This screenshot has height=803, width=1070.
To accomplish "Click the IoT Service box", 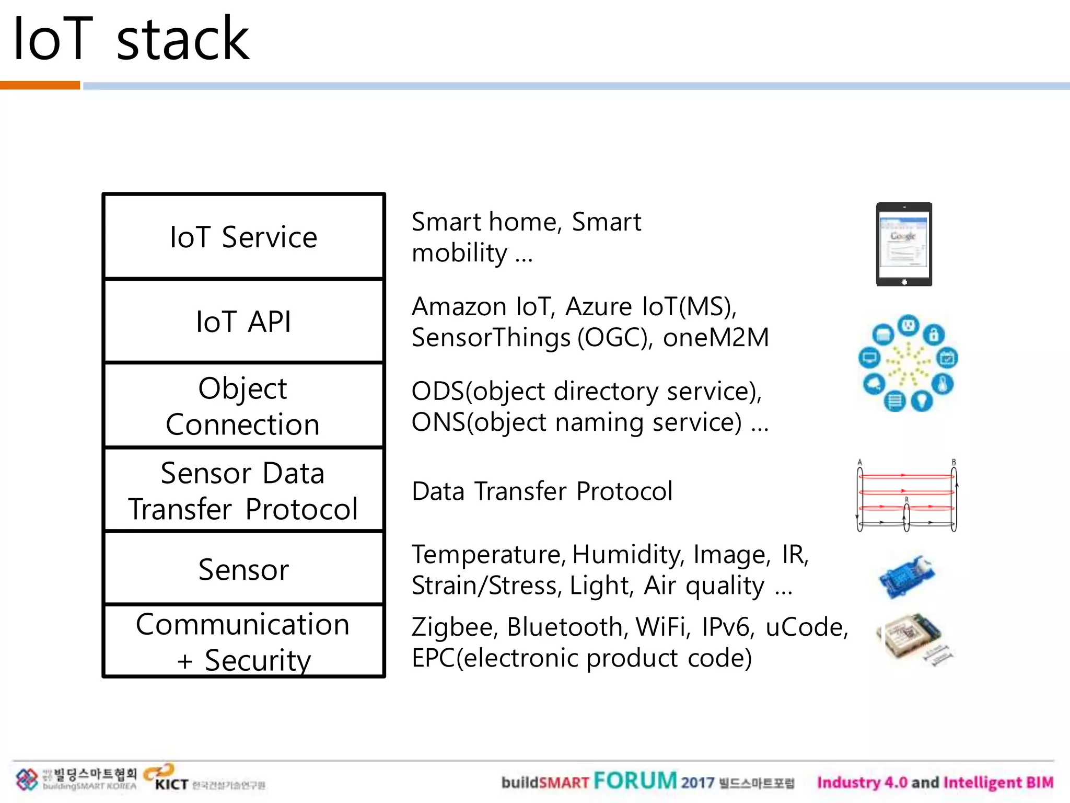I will (x=243, y=237).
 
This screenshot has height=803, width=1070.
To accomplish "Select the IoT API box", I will (x=243, y=321).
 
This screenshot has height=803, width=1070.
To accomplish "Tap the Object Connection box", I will (x=243, y=406).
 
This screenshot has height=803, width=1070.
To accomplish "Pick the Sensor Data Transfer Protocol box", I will (x=243, y=490).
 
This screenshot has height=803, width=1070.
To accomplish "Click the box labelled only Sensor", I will (x=243, y=569).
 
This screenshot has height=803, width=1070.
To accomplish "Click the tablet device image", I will (x=904, y=244).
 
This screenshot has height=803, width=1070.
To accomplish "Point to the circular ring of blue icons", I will (x=908, y=363).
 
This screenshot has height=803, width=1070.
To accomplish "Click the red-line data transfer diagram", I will (x=907, y=496).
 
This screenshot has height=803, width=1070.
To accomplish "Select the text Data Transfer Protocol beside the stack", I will (x=542, y=491).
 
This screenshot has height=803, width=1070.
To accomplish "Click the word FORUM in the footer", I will (x=635, y=781).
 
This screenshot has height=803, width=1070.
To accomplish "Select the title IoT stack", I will (x=131, y=39).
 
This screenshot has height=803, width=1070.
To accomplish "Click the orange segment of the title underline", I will (x=40, y=85).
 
